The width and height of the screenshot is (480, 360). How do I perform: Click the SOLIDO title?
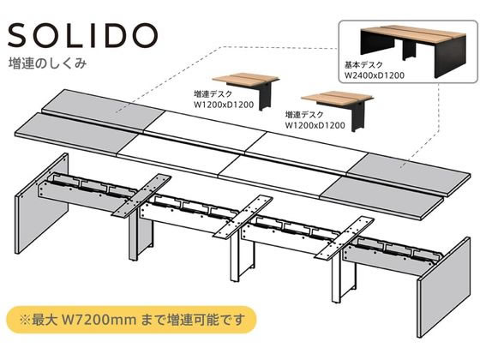(x=82, y=35)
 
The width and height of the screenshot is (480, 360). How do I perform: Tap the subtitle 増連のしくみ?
(x=47, y=63)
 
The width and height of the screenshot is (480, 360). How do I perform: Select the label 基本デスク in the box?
(x=363, y=65)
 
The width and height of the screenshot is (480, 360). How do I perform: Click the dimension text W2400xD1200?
(x=375, y=75)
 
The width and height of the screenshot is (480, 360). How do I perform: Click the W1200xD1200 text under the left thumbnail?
(x=224, y=105)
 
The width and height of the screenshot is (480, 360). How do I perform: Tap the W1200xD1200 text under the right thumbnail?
(x=315, y=125)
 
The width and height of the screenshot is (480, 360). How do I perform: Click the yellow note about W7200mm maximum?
(x=132, y=320)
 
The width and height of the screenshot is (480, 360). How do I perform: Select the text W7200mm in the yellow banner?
(x=99, y=320)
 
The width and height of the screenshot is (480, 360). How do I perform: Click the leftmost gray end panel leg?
(x=41, y=203)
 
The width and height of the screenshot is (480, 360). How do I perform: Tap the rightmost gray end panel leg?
(x=444, y=288)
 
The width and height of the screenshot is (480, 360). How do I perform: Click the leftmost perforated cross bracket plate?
(x=141, y=195)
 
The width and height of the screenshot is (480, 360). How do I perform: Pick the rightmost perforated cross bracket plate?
(x=345, y=238)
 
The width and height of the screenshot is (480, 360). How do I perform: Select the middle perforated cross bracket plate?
(x=243, y=217)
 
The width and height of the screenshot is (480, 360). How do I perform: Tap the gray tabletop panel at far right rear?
(x=408, y=175)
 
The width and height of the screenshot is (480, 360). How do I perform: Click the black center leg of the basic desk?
(x=409, y=51)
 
